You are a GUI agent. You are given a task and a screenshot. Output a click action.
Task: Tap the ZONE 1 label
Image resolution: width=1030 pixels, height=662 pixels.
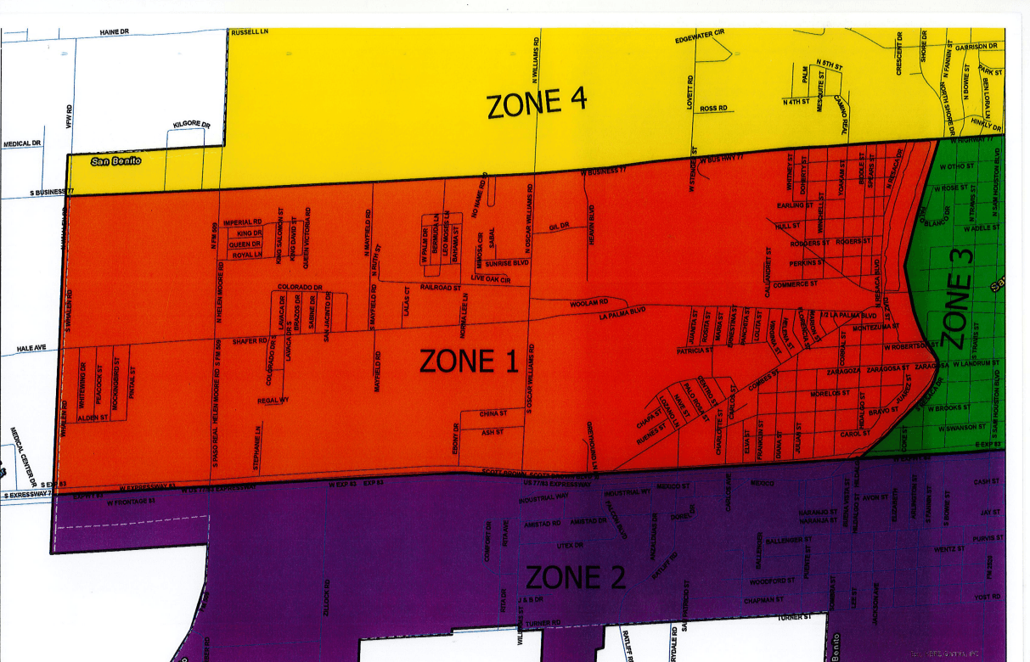pyautogui.click(x=469, y=362)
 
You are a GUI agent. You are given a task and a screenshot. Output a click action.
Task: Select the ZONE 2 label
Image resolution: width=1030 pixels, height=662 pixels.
pyautogui.click(x=576, y=578)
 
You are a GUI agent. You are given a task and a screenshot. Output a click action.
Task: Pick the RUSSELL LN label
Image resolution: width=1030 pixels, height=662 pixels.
pyautogui.click(x=250, y=33)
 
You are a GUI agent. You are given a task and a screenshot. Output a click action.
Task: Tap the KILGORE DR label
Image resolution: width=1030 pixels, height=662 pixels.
pyautogui.click(x=191, y=125)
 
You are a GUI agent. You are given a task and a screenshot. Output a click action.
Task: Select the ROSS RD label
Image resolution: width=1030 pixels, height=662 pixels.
pyautogui.click(x=713, y=109)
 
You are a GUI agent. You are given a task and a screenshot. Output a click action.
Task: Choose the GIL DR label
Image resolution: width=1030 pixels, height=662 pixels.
pyautogui.click(x=558, y=227)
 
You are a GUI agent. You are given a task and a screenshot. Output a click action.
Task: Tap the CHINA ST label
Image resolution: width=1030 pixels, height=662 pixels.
pyautogui.click(x=492, y=413)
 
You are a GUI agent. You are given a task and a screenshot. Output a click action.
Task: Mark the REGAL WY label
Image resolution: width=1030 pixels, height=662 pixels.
pyautogui.click(x=273, y=400)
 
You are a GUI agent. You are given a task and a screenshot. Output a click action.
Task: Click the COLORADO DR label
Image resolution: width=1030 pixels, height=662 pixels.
pyautogui.click(x=300, y=287)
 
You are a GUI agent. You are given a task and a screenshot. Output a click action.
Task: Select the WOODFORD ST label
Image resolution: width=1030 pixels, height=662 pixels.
pyautogui.click(x=772, y=581)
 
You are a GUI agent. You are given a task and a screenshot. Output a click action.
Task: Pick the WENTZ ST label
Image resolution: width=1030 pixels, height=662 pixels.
pyautogui.click(x=950, y=549)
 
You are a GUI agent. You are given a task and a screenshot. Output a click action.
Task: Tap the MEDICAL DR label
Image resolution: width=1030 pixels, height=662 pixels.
pyautogui.click(x=22, y=143)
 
